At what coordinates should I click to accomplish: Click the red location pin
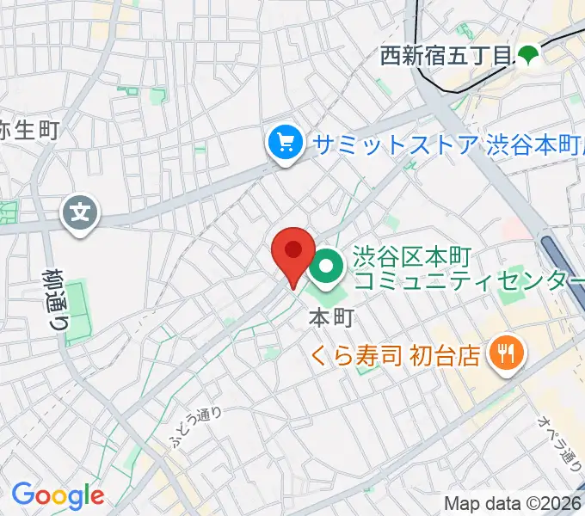coord(293,253)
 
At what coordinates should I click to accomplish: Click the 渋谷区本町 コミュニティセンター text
coord(460,269)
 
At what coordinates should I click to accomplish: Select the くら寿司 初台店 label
coord(397,354)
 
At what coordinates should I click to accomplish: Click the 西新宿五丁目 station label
coord(446,58)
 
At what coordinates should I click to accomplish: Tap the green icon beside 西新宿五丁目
coord(527,56)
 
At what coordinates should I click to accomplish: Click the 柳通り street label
coord(56,300)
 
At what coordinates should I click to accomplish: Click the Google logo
coord(58,494)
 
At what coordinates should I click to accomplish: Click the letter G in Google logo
coord(22,494)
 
